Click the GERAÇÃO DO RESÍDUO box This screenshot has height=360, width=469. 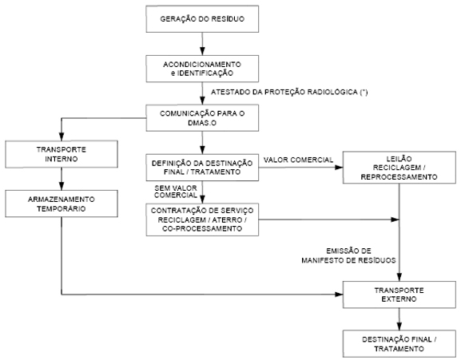click(x=202, y=19)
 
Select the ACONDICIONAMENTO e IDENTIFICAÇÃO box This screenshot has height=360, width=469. click(x=202, y=69)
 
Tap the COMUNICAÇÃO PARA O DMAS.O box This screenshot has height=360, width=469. click(x=202, y=117)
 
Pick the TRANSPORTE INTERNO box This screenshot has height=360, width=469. click(x=62, y=154)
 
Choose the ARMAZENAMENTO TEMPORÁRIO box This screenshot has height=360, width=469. click(x=62, y=204)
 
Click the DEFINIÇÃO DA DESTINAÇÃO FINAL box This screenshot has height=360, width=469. click(x=202, y=168)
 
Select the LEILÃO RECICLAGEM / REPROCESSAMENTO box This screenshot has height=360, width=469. click(x=399, y=168)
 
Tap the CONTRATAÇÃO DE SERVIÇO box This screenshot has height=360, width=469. click(x=202, y=220)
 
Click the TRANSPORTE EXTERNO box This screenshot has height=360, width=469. click(x=399, y=295)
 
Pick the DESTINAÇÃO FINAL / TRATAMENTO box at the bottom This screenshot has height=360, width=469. click(x=399, y=343)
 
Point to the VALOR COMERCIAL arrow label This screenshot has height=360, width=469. click(x=298, y=160)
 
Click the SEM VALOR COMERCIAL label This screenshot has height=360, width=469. click(x=176, y=192)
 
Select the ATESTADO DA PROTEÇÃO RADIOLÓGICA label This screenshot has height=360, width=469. click(x=289, y=92)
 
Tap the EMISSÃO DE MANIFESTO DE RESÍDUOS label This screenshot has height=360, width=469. click(x=348, y=255)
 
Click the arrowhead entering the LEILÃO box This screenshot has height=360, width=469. click(x=339, y=168)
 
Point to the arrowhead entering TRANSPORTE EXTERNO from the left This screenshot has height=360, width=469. click(x=339, y=295)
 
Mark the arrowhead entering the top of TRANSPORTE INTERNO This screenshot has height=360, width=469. click(x=62, y=136)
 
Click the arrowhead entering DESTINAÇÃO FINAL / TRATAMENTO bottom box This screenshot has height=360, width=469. click(x=399, y=326)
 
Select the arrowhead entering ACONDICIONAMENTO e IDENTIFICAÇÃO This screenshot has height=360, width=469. click(x=202, y=51)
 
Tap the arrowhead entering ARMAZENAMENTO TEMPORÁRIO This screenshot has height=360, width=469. click(x=62, y=186)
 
